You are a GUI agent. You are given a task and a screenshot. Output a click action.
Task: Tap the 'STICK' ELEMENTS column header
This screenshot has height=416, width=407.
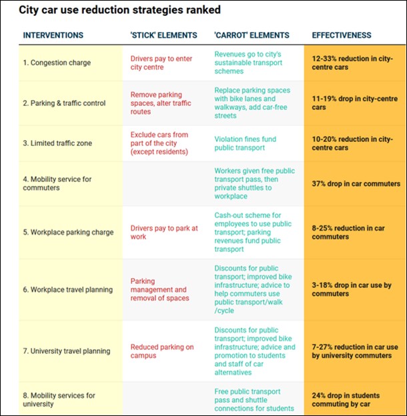163,35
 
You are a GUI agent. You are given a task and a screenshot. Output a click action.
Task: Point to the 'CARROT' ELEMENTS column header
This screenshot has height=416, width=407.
252,35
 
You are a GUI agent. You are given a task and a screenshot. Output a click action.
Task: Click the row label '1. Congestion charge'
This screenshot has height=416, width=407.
57,63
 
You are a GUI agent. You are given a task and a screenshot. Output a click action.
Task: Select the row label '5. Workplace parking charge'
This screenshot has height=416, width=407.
68,233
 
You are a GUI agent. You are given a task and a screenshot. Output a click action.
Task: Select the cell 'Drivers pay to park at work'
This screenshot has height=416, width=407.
164,233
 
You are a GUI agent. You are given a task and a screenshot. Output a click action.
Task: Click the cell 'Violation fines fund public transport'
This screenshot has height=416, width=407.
245,143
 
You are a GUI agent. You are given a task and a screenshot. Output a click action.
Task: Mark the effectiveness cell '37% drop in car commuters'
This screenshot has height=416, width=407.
354,183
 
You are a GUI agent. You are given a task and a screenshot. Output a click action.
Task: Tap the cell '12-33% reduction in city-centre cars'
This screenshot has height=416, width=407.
352,63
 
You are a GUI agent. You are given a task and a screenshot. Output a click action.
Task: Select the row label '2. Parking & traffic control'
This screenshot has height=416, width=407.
64,103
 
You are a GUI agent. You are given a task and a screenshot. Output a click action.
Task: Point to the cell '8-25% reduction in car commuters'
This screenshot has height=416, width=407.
348,233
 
